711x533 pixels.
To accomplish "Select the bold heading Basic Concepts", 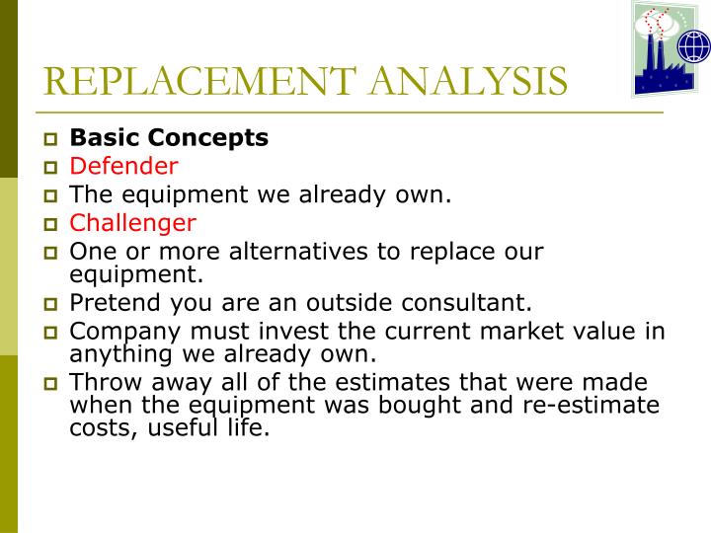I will [169, 138].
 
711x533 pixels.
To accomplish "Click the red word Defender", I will [123, 166].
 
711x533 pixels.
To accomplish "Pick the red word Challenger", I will [132, 223].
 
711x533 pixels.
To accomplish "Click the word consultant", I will [471, 302].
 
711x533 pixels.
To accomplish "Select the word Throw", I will [104, 382].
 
